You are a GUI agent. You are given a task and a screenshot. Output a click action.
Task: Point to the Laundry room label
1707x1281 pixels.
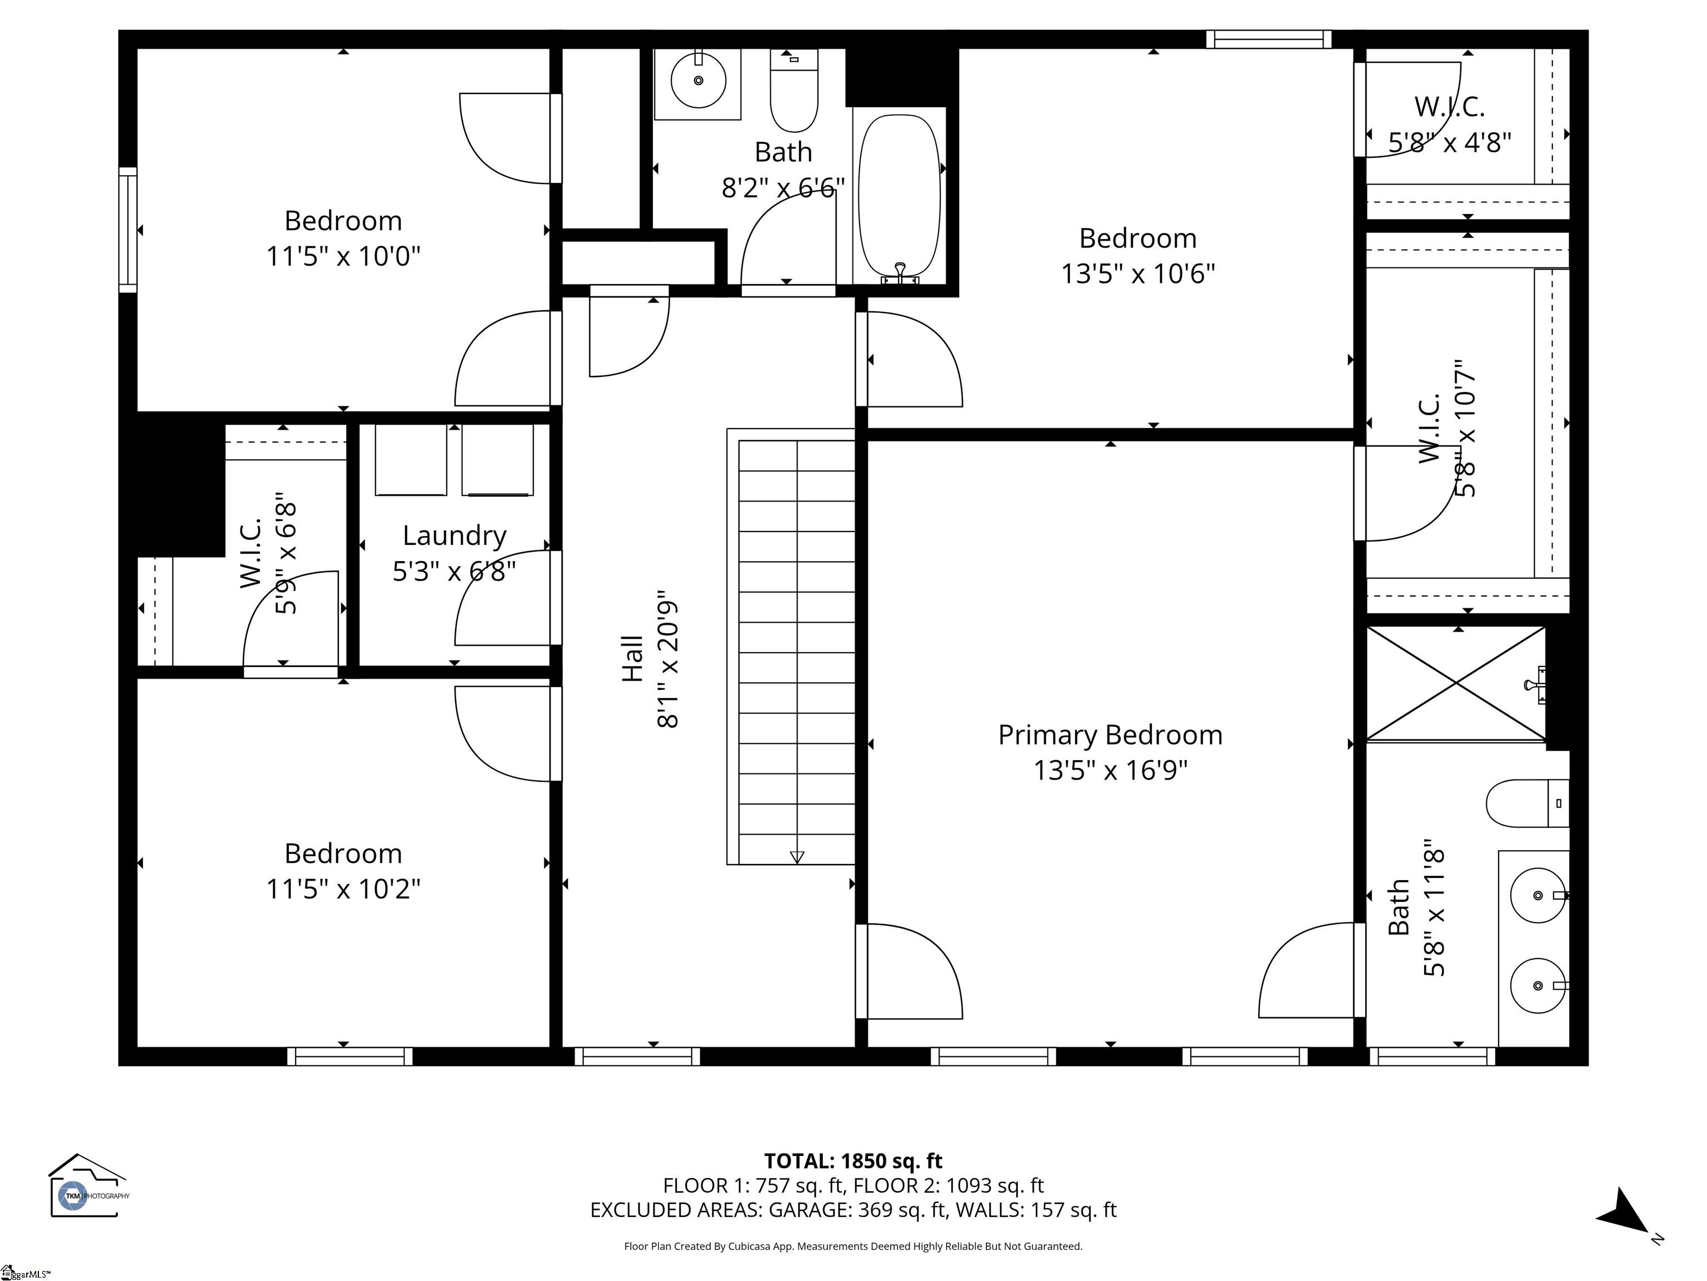(454, 535)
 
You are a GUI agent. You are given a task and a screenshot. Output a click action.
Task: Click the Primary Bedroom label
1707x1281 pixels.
(1110, 735)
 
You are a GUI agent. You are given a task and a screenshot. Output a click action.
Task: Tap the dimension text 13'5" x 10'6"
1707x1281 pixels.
(1137, 274)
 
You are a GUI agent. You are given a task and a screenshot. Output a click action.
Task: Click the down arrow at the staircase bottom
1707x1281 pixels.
(797, 856)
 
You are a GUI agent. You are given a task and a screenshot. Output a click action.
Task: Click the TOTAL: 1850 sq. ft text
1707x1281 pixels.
(853, 1160)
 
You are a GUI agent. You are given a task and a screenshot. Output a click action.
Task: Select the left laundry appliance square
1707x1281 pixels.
(411, 460)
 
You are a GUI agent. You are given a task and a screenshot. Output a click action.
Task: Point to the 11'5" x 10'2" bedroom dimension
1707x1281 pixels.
(343, 888)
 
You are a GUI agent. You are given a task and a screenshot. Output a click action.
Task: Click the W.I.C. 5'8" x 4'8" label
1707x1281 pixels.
(1449, 123)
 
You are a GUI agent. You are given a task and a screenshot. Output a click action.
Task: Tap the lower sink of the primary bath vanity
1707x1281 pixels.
(1537, 986)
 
